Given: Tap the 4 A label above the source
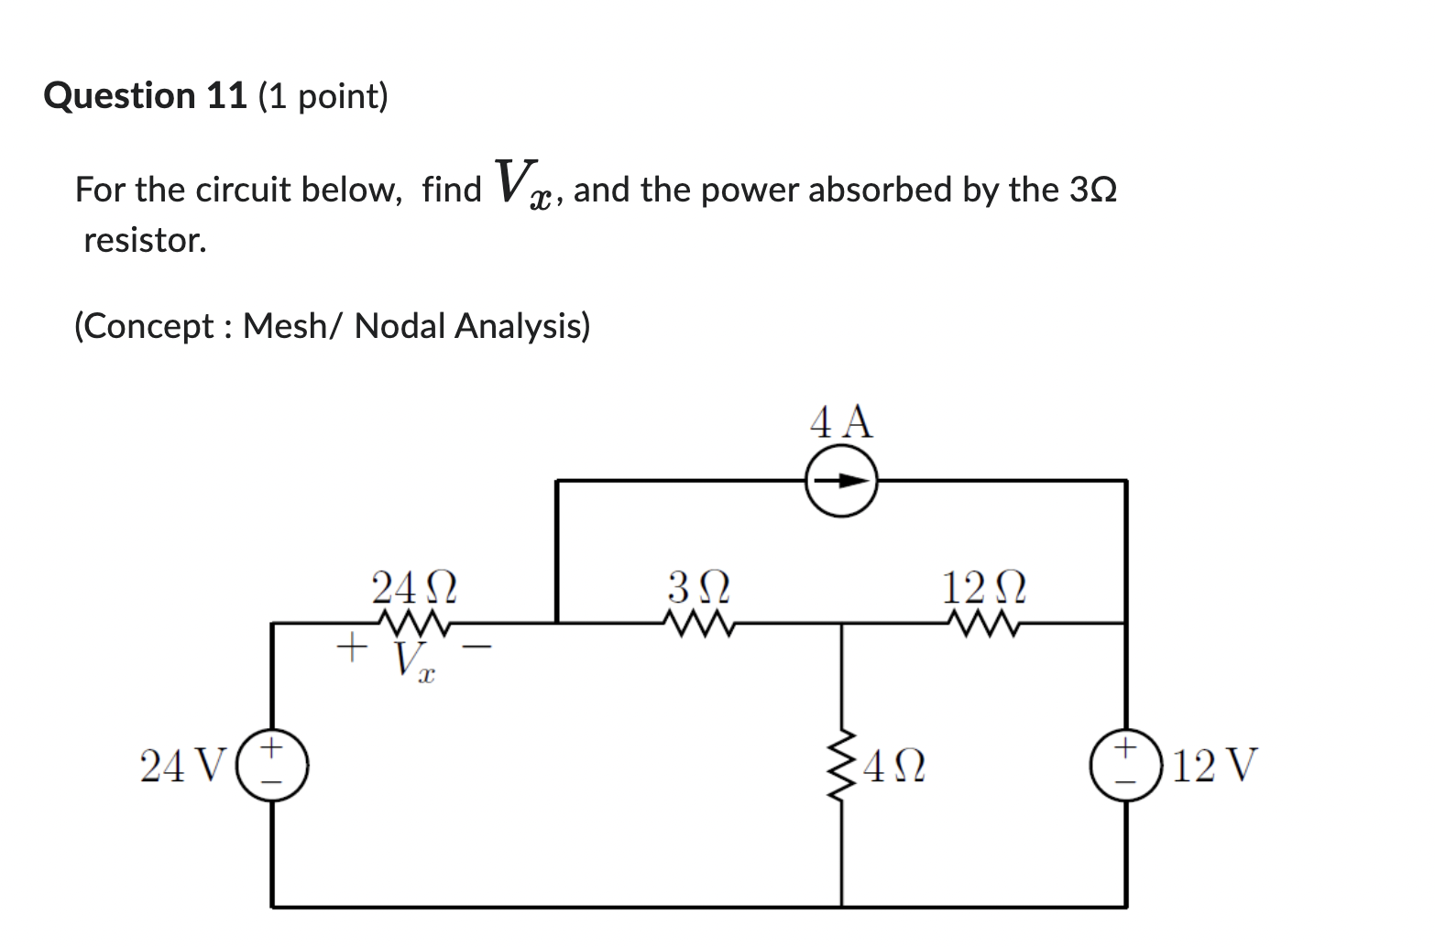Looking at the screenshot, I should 841,423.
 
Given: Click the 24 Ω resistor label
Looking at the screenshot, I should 413,587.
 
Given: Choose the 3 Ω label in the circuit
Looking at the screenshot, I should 699,587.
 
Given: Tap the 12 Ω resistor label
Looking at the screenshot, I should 984,587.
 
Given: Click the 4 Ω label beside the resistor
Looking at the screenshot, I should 893,767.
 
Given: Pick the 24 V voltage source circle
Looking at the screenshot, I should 271,766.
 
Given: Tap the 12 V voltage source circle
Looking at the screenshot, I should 1125,766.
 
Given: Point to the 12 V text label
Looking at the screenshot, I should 1215,766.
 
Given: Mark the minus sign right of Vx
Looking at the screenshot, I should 477,648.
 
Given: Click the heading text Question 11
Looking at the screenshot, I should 146,95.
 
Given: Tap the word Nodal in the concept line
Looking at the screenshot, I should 400,325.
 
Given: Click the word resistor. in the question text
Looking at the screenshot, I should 145,240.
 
